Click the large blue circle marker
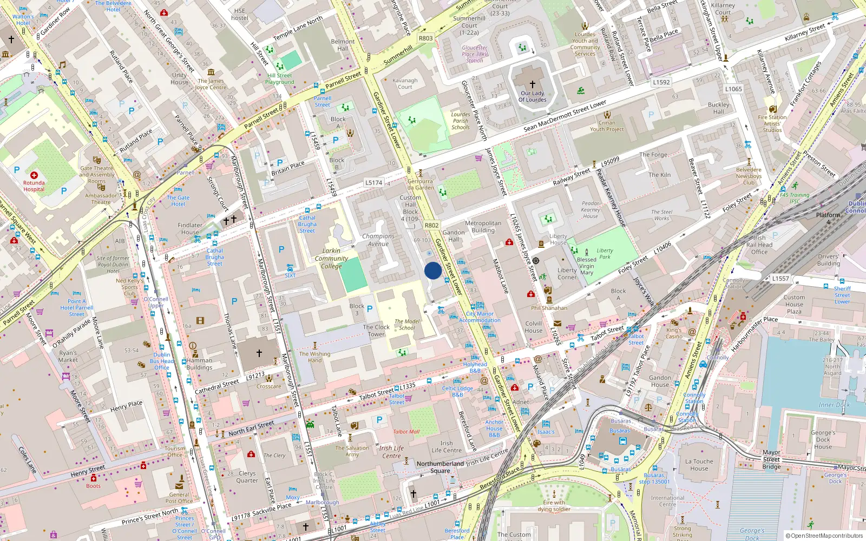433,270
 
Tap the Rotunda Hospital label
34,186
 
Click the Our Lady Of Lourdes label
533,96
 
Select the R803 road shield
426,38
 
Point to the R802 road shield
431,226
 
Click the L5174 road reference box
373,183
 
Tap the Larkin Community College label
331,258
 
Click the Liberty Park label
605,254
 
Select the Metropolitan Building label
483,227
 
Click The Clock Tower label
376,331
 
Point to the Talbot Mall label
406,432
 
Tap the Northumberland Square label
440,467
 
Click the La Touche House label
699,465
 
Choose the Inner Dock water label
834,405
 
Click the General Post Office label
179,498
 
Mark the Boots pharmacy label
93,486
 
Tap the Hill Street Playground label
280,79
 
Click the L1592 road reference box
661,82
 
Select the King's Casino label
674,333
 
